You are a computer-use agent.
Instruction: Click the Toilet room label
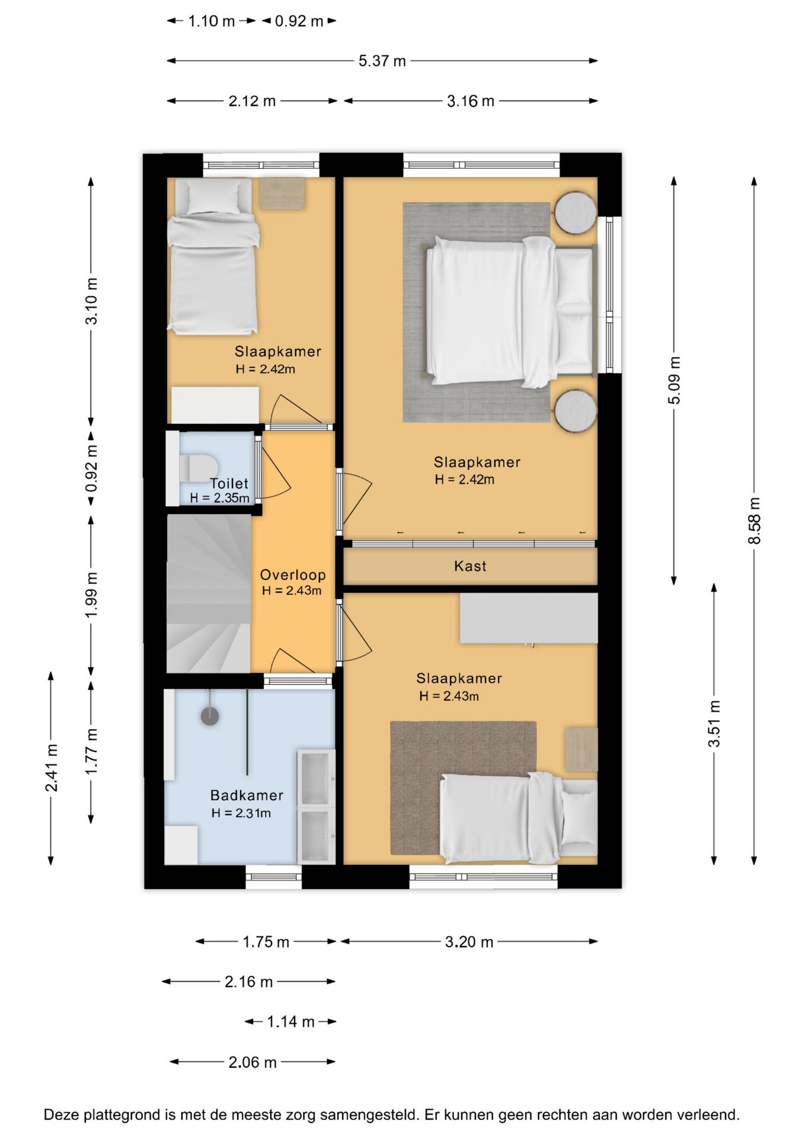coord(229,483)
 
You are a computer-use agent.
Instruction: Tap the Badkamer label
coord(247,795)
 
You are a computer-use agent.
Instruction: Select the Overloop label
coord(293,574)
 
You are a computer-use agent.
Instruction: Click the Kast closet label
coord(470,566)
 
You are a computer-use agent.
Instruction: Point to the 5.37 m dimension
coord(382,60)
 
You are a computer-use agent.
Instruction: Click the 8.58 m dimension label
coord(754,520)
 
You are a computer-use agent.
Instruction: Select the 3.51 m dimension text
coord(714,723)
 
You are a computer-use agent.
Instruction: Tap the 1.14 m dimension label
coord(290,1021)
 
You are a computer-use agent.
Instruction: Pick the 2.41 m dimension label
coord(52,768)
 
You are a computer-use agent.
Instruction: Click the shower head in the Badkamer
coord(210,715)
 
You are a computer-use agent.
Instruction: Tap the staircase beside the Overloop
coord(209,593)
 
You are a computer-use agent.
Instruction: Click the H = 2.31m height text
coord(241,813)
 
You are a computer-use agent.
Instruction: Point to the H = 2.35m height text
coord(219,498)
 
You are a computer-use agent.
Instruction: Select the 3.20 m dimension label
coord(469,942)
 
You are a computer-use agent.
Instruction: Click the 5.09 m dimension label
coord(675,381)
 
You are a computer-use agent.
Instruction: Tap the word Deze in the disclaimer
coord(62,1115)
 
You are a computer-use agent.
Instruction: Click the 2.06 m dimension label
coord(253,1062)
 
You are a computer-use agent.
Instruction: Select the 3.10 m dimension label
coord(92,301)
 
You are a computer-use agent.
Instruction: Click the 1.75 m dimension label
coord(266,942)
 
